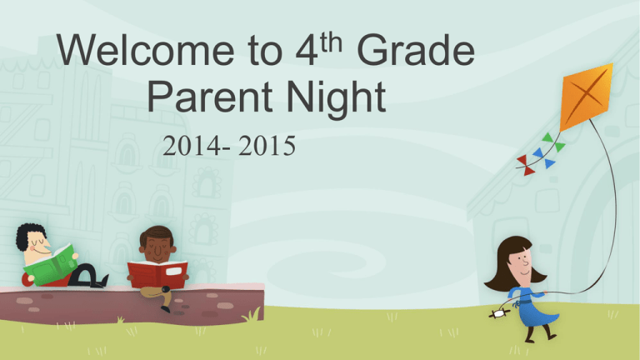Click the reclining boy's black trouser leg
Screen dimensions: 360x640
point(83,276)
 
